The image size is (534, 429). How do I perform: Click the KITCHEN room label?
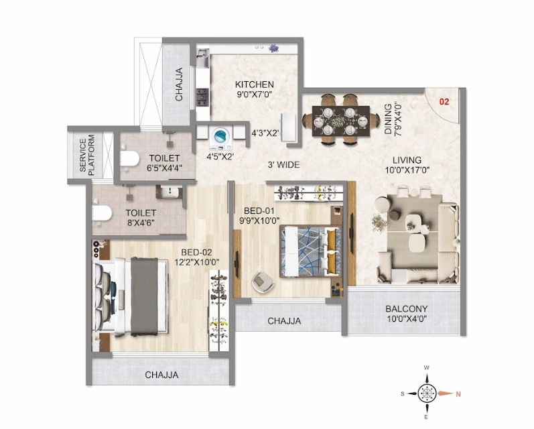click(255, 84)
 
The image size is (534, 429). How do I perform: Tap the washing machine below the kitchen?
click(221, 139)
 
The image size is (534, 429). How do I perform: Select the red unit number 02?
click(444, 101)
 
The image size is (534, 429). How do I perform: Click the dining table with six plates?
click(341, 121)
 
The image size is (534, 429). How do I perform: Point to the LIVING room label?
click(407, 160)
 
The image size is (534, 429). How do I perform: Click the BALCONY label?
click(406, 309)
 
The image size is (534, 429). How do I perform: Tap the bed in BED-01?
click(311, 251)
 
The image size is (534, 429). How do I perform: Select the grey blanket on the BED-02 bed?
click(145, 296)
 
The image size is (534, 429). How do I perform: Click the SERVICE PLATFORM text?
click(86, 155)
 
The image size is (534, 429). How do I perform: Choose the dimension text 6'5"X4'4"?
click(164, 168)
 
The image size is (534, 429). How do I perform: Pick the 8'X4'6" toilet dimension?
click(141, 223)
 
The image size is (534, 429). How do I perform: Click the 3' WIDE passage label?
click(283, 165)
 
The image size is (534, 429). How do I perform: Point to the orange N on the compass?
click(458, 394)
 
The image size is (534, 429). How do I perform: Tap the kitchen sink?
click(202, 58)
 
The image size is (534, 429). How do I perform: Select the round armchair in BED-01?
click(262, 282)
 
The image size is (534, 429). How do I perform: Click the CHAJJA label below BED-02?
click(161, 375)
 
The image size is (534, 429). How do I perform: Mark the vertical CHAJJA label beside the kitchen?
click(179, 84)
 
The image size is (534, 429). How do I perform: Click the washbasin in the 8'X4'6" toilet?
click(170, 192)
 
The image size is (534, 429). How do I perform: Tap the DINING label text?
click(388, 119)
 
